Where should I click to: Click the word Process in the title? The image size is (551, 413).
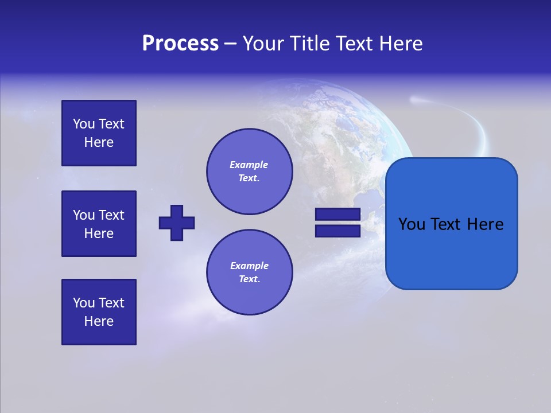click(180, 44)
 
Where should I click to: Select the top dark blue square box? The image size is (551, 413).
click(99, 133)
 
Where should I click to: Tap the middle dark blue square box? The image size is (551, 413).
click(99, 224)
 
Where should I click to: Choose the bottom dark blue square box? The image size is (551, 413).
click(99, 312)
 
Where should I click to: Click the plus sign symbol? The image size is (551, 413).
click(177, 223)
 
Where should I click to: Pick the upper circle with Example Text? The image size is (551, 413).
click(249, 172)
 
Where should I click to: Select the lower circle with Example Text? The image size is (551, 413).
click(249, 272)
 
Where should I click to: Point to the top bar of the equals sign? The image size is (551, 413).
click(337, 214)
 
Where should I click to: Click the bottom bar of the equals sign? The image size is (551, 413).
click(337, 231)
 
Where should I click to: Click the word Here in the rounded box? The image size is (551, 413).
click(485, 224)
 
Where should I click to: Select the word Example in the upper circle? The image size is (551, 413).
click(249, 165)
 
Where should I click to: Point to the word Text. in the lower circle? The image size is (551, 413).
click(249, 279)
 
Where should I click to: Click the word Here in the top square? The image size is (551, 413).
click(99, 142)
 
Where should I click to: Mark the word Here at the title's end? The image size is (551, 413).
click(399, 44)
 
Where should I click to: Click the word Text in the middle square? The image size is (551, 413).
click(111, 215)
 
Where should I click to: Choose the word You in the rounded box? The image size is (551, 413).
click(412, 224)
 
